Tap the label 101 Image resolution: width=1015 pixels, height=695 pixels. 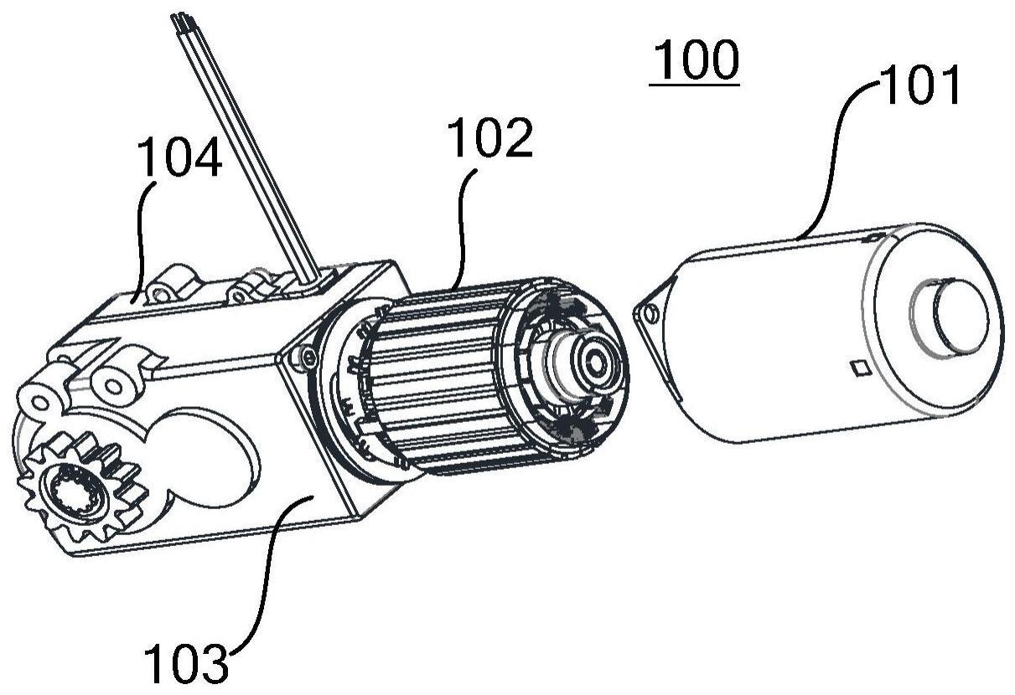point(919,85)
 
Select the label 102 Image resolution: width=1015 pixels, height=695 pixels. point(489,137)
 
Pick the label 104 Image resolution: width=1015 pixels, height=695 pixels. point(180,157)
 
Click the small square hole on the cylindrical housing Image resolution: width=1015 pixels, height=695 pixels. point(861,368)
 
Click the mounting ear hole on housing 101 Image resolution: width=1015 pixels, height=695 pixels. point(651,313)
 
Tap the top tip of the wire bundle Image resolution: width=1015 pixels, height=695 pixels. point(181,18)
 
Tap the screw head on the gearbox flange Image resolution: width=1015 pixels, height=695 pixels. point(309,358)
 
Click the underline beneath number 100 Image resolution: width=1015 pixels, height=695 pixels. point(694,85)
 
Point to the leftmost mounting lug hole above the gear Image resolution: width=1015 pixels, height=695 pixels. point(39,402)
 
